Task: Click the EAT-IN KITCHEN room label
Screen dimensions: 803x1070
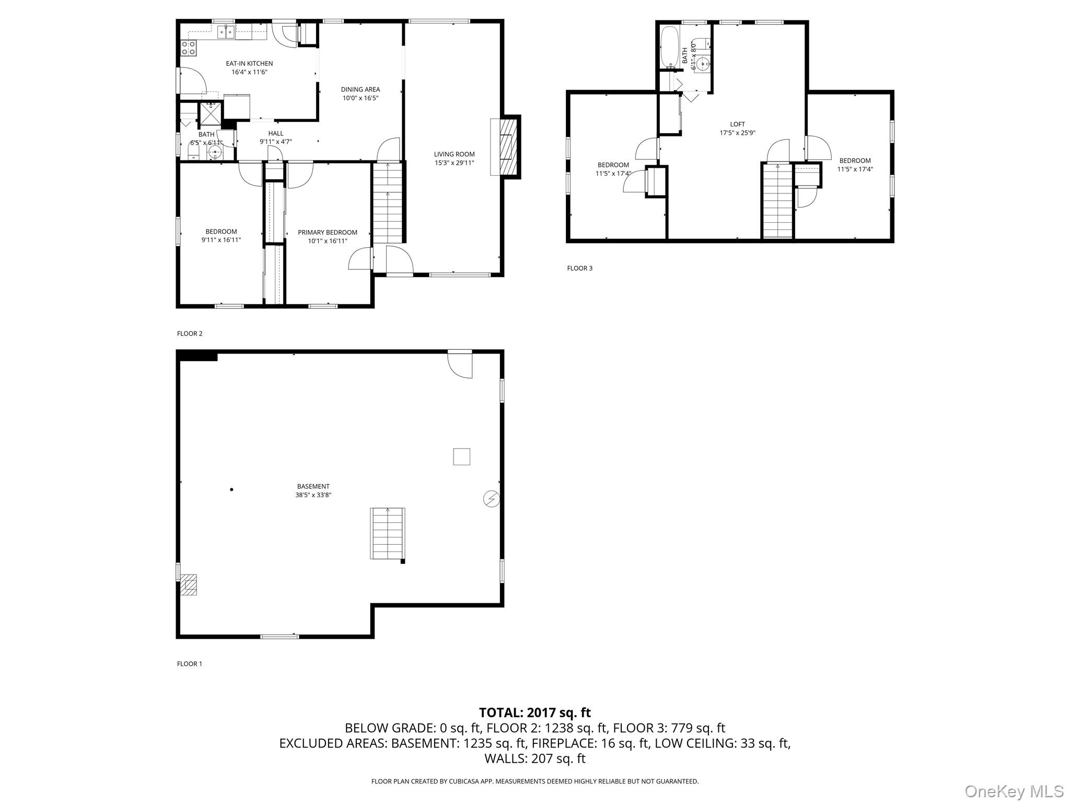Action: pyautogui.click(x=249, y=64)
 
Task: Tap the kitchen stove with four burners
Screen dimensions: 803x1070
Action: pyautogui.click(x=189, y=48)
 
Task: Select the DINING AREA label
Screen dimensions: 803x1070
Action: pyautogui.click(x=360, y=89)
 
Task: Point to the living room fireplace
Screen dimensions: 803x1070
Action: pyautogui.click(x=505, y=147)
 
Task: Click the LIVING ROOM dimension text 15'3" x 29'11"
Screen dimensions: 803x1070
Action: pyautogui.click(x=454, y=163)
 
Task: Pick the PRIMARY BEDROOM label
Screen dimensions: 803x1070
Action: pyautogui.click(x=327, y=233)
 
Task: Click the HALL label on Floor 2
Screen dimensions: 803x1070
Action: pyautogui.click(x=275, y=133)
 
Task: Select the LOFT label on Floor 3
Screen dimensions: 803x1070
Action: pyautogui.click(x=737, y=124)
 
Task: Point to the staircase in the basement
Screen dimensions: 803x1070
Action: pyautogui.click(x=388, y=533)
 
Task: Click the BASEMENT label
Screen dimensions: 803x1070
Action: pyautogui.click(x=313, y=486)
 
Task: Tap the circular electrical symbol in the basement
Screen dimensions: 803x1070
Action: pyautogui.click(x=491, y=499)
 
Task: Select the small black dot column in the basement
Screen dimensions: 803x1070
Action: pyautogui.click(x=231, y=489)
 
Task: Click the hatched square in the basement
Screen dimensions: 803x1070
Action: pyautogui.click(x=189, y=585)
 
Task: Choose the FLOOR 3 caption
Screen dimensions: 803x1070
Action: pyautogui.click(x=579, y=268)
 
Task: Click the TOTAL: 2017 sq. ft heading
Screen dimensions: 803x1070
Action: pyautogui.click(x=534, y=712)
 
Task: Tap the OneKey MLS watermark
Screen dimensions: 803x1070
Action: pyautogui.click(x=1014, y=791)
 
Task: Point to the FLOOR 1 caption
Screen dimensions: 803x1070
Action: pyautogui.click(x=189, y=664)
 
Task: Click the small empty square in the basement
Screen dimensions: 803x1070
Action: pyautogui.click(x=461, y=457)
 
